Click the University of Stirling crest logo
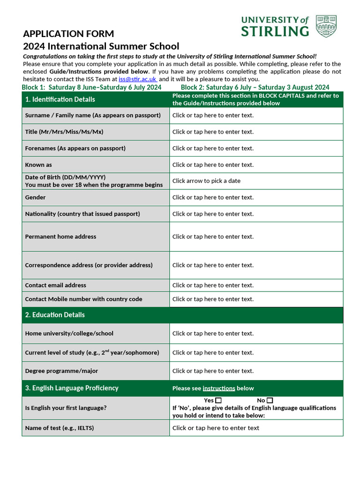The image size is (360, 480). tap(326, 26)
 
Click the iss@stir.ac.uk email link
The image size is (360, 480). tap(137, 79)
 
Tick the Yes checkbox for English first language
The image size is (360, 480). tap(218, 400)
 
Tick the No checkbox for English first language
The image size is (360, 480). tap(270, 400)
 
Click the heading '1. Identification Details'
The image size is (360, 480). tap(60, 99)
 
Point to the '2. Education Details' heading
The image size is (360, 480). tap(55, 315)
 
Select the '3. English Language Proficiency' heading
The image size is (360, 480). tap(72, 388)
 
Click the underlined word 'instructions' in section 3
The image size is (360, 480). tap(219, 389)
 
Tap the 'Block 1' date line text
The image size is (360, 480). tap(91, 87)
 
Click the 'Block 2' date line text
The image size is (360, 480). tap(255, 87)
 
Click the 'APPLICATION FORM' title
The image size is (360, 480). tap(68, 34)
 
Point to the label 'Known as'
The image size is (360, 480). tap(38, 165)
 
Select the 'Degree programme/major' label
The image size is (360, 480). tap(61, 371)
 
